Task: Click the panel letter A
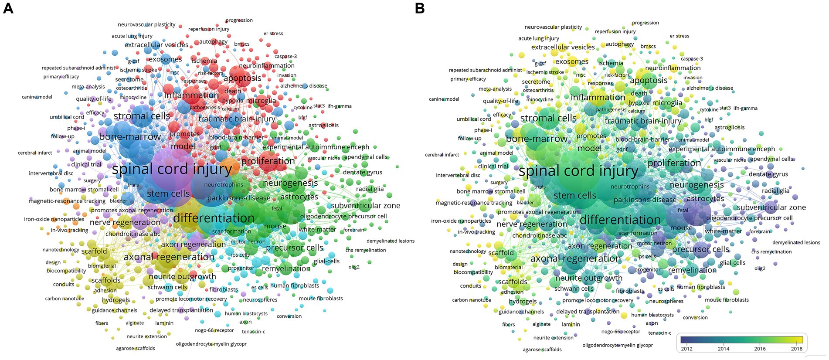(x=8, y=8)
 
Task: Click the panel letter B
(x=420, y=8)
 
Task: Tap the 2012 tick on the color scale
(x=687, y=348)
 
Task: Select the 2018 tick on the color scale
(x=797, y=348)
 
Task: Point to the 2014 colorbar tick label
(x=724, y=348)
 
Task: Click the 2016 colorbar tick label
(x=760, y=348)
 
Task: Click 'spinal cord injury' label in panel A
(x=172, y=169)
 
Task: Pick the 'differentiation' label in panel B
(x=620, y=220)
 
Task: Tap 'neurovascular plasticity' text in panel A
(x=146, y=25)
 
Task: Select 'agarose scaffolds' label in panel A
(x=135, y=348)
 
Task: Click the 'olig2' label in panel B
(x=760, y=268)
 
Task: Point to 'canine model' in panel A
(x=37, y=97)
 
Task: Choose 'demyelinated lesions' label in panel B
(x=796, y=242)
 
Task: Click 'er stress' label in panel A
(x=273, y=34)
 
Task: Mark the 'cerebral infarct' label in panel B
(x=442, y=155)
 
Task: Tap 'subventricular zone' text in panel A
(x=365, y=206)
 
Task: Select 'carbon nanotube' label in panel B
(x=472, y=300)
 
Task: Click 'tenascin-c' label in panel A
(x=253, y=332)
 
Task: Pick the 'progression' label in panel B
(x=646, y=23)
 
